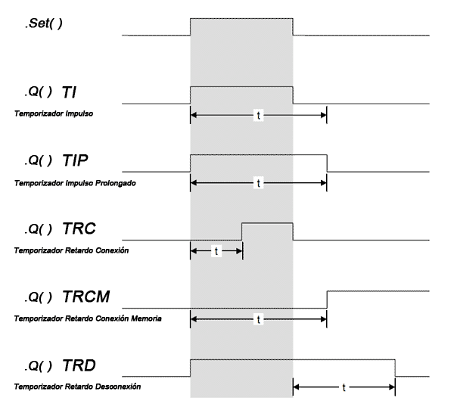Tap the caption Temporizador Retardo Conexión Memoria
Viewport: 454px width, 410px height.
87,318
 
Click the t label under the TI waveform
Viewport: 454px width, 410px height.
259,114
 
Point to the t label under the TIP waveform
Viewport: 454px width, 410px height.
259,183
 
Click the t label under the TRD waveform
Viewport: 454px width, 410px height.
344,387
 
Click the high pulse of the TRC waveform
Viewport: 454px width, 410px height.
267,223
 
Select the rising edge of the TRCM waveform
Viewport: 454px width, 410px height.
327,300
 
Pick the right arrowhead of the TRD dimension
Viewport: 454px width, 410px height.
391,387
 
